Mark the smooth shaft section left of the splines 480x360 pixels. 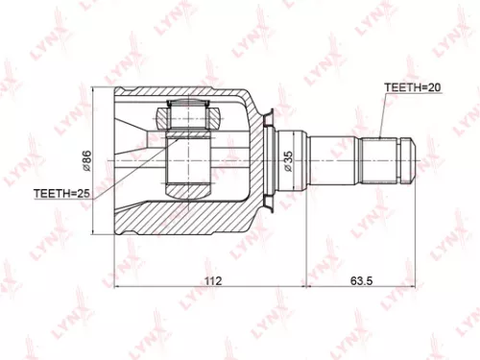[331, 160]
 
